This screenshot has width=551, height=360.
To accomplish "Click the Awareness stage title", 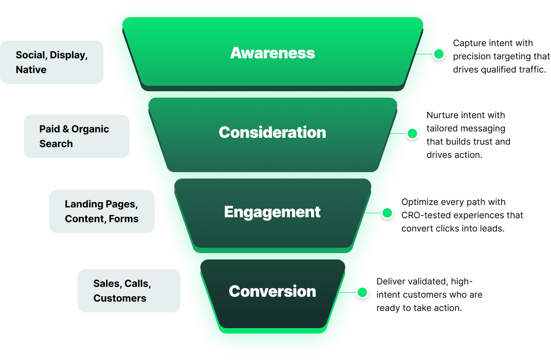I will coord(272,53).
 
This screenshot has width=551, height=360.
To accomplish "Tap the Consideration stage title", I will coord(272,132).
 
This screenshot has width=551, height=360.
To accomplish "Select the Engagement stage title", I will coord(272,212).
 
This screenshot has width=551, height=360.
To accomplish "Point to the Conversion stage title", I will coord(272,291).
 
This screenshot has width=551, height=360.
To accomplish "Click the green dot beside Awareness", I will coord(439,54).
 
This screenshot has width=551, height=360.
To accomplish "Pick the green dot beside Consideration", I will coord(413,133).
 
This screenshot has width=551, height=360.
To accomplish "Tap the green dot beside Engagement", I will coord(387,213).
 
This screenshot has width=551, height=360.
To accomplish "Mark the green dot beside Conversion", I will coord(362,292).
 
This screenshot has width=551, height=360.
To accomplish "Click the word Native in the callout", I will coord(31,70).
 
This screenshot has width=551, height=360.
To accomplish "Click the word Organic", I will coord(90,129).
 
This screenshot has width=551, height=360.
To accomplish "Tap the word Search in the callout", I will coord(56,144).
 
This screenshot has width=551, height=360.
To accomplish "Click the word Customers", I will coord(120,298).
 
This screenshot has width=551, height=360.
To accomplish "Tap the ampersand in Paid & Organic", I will coord(65,129).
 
